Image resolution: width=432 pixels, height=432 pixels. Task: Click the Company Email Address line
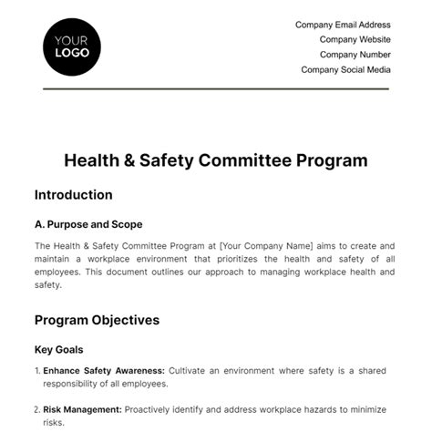[x=343, y=25]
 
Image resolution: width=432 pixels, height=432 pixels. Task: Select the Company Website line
[x=355, y=39]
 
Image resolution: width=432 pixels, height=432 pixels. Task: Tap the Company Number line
[x=355, y=54]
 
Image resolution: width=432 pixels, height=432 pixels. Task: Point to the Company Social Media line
[x=345, y=69]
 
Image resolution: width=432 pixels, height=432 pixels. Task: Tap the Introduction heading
[x=73, y=194]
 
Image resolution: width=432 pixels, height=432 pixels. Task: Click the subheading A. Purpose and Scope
[x=88, y=224]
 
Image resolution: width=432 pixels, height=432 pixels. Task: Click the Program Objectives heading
[x=97, y=320]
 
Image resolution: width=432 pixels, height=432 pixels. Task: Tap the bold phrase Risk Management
[x=83, y=410]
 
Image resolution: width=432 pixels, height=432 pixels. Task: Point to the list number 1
[x=36, y=371]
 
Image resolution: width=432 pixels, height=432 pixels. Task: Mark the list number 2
[x=36, y=410]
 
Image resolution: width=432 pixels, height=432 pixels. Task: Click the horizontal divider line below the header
[x=216, y=88]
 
